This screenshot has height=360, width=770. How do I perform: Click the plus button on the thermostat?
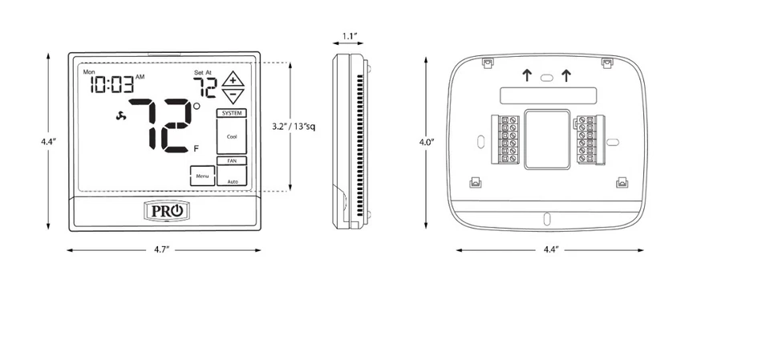pyautogui.click(x=232, y=79)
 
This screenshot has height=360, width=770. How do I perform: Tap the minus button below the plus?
pyautogui.click(x=232, y=95)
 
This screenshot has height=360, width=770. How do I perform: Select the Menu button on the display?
pyautogui.click(x=202, y=176)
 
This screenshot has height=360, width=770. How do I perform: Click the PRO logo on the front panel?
pyautogui.click(x=168, y=211)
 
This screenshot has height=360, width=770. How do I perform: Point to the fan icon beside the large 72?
pyautogui.click(x=122, y=117)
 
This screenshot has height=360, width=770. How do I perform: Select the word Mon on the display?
pyautogui.click(x=89, y=72)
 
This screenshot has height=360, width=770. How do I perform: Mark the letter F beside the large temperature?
pyautogui.click(x=197, y=148)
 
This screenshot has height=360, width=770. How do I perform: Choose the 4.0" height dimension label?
pyautogui.click(x=427, y=142)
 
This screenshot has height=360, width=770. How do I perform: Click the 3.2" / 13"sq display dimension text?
pyautogui.click(x=295, y=127)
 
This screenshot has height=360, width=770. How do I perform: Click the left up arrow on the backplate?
pyautogui.click(x=526, y=76)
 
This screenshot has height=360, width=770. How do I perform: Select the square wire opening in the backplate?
pyautogui.click(x=546, y=137)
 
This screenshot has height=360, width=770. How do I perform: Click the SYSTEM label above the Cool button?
pyautogui.click(x=232, y=113)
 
